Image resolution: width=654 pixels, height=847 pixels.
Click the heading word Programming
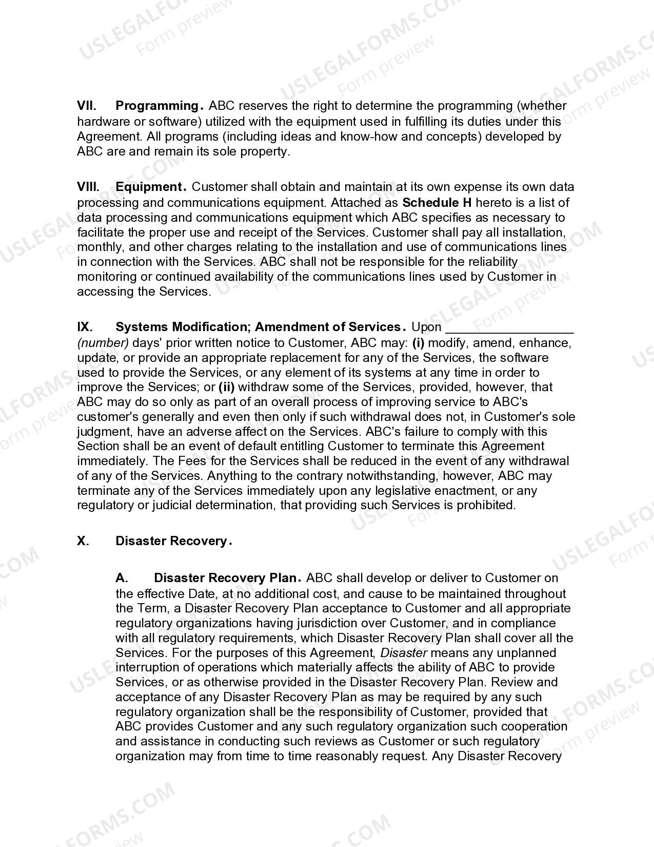click(157, 106)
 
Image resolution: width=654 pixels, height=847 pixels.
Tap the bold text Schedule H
click(437, 202)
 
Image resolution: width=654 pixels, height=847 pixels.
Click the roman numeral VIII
click(88, 187)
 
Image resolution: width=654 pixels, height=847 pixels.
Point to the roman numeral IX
click(85, 327)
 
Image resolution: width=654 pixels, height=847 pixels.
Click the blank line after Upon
click(509, 329)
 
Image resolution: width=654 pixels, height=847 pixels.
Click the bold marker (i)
click(419, 342)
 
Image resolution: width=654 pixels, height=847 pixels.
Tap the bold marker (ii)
click(226, 387)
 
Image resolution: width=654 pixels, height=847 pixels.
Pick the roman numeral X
click(82, 541)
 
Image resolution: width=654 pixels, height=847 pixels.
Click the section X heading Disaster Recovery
click(171, 541)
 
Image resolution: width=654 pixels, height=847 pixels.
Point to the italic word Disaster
click(404, 652)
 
